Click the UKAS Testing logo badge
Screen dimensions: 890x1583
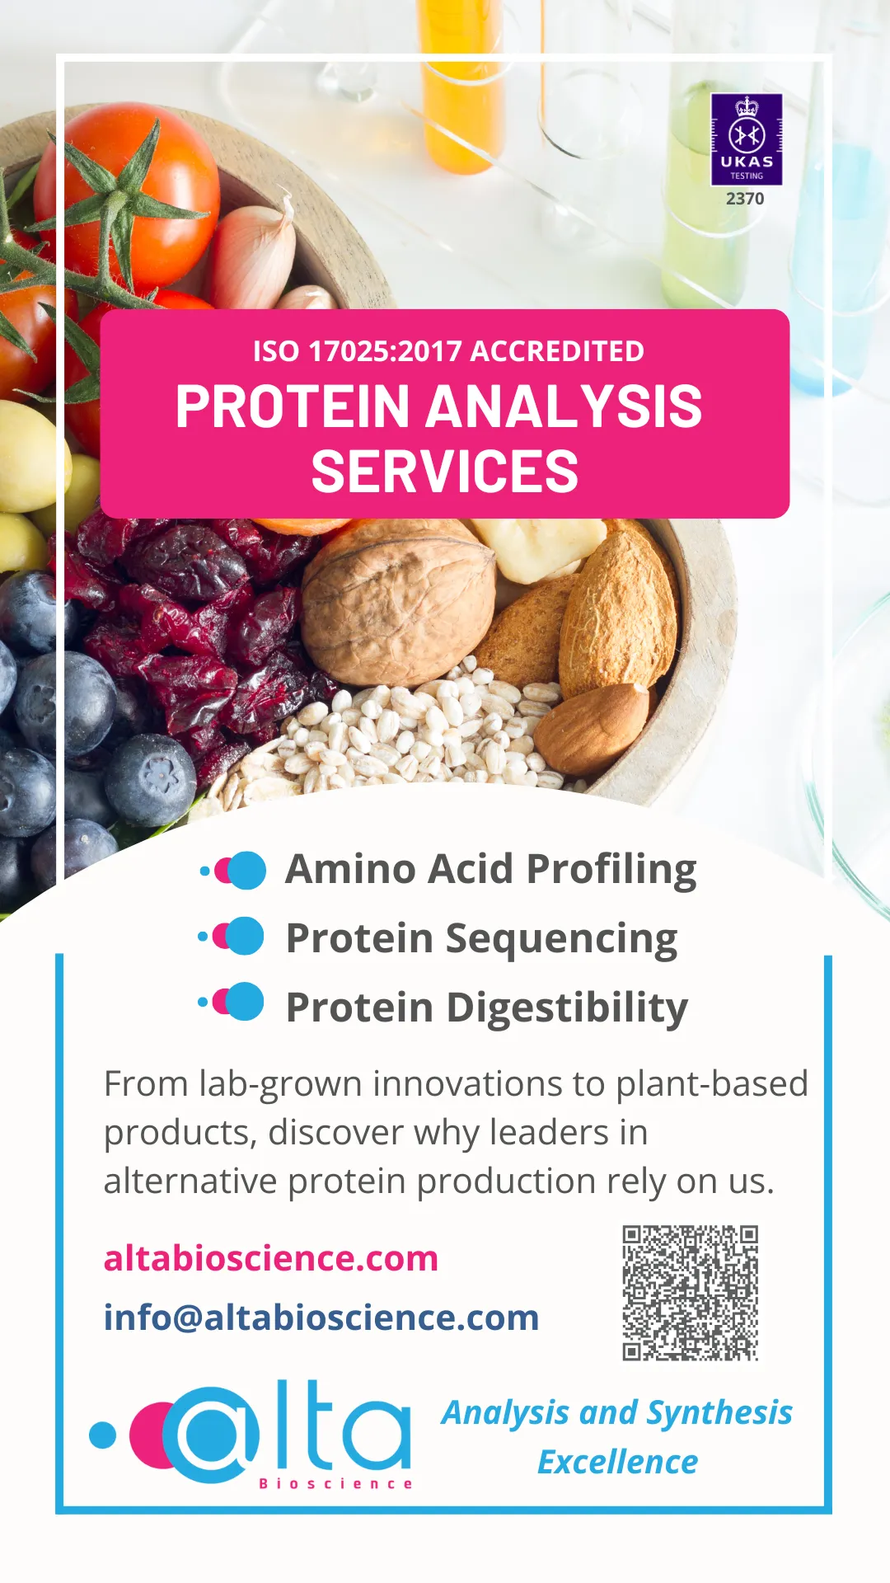click(x=747, y=139)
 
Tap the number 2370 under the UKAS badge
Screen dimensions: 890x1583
click(x=745, y=199)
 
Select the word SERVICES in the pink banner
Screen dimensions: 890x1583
click(x=445, y=472)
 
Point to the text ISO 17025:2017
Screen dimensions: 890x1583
click(x=357, y=351)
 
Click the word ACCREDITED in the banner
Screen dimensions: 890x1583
click(x=558, y=351)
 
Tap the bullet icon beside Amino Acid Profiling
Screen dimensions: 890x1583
click(x=233, y=871)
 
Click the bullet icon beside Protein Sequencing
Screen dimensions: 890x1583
click(x=232, y=936)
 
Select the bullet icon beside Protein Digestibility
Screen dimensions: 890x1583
click(x=232, y=1002)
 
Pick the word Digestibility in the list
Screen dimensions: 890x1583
click(x=568, y=1009)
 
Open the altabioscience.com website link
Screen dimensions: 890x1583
click(x=271, y=1259)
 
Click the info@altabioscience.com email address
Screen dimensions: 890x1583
click(x=321, y=1318)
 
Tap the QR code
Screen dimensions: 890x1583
click(x=691, y=1293)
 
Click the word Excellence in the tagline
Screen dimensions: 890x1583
click(x=618, y=1463)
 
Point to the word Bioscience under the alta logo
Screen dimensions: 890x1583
click(x=335, y=1484)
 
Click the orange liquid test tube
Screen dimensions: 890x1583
click(x=461, y=82)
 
